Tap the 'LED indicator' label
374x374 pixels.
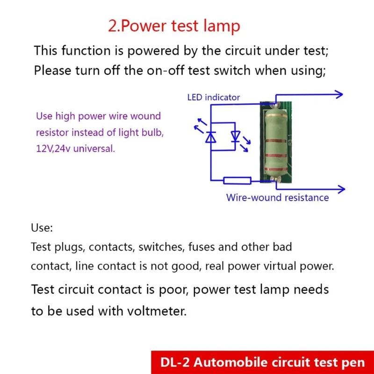click(213, 97)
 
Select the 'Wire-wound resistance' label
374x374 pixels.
click(277, 197)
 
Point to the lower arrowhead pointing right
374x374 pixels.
click(341, 189)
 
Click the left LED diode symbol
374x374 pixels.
click(211, 137)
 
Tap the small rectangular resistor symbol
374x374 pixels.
click(237, 180)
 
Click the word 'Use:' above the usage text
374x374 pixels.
click(42, 228)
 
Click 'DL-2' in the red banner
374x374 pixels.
click(172, 362)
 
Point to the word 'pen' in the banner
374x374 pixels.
click(354, 362)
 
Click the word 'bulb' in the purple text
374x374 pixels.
click(149, 133)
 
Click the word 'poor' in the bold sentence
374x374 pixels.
click(170, 289)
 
